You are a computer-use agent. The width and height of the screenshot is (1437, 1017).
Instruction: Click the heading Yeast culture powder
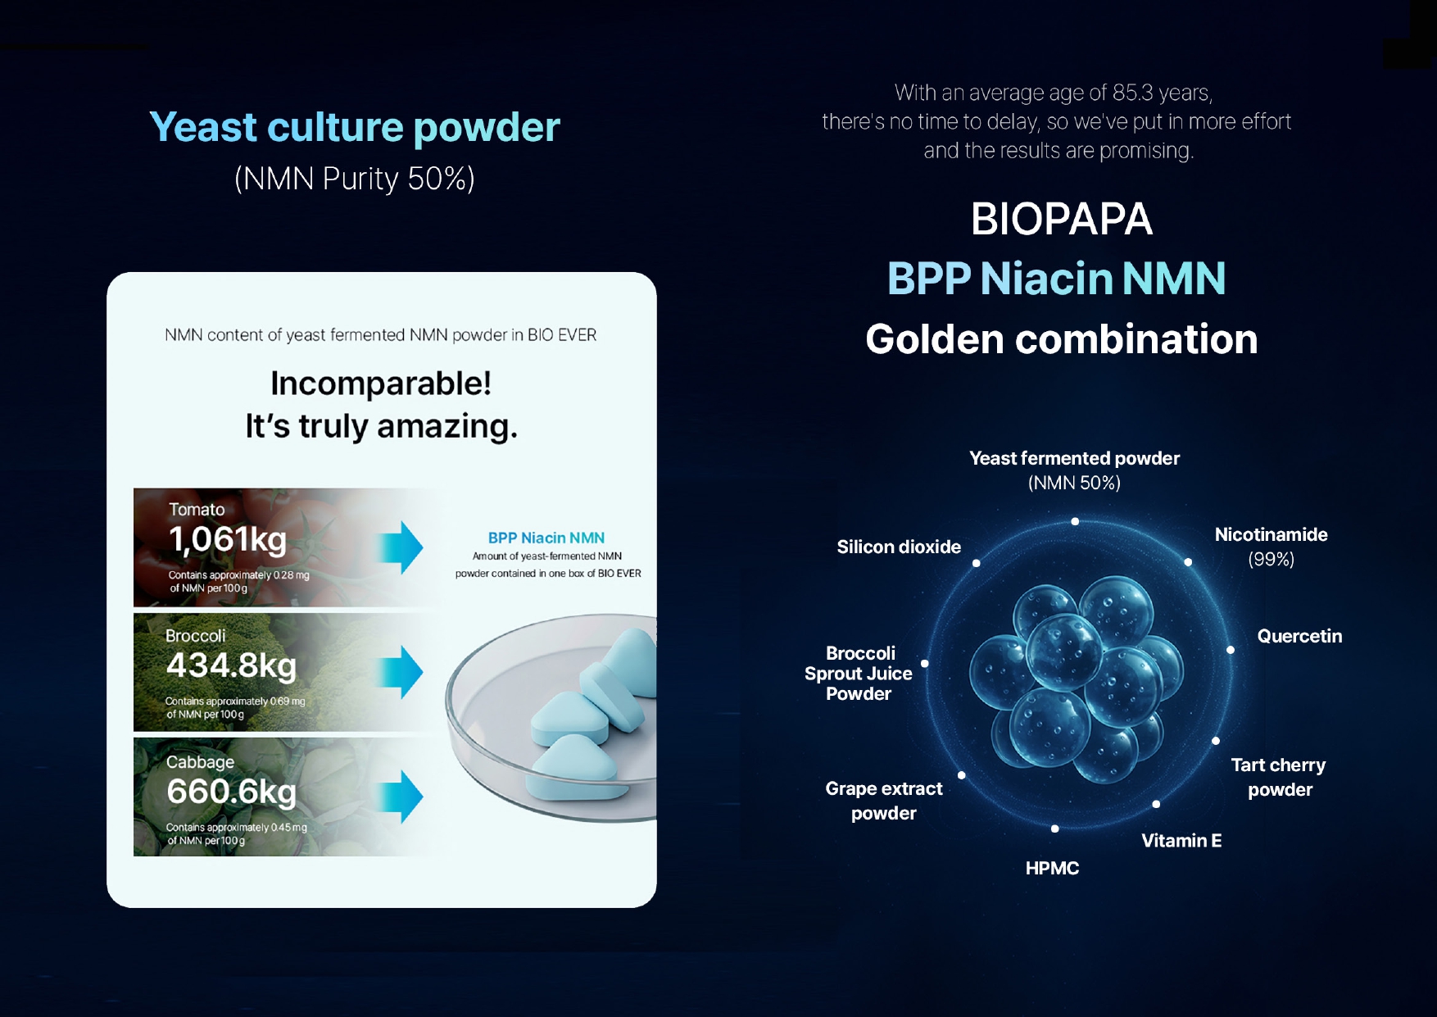point(355,128)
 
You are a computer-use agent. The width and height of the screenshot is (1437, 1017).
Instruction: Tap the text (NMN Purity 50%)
point(355,179)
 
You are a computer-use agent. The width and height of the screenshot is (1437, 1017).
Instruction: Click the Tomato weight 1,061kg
point(228,539)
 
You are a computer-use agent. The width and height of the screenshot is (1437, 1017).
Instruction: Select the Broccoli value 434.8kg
point(231,665)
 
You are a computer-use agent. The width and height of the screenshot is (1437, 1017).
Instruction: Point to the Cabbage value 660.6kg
point(232,792)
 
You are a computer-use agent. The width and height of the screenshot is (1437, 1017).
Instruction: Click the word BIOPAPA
point(1062,220)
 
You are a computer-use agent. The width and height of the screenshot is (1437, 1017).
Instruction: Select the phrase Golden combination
point(1062,339)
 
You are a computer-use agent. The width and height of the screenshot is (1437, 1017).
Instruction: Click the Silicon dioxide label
point(899,547)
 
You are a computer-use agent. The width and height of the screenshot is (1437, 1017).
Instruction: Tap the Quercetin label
point(1299,636)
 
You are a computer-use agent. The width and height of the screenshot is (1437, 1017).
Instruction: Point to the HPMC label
point(1052,868)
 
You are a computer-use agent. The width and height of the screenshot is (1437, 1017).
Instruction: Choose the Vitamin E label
point(1181,840)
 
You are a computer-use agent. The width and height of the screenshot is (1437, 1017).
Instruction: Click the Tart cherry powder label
point(1279,777)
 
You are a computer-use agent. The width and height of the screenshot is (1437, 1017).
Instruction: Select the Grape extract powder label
point(884,801)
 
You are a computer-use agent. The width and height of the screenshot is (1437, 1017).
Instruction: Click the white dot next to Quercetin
point(1231,650)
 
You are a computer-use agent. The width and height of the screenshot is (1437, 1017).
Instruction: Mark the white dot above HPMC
point(1055,829)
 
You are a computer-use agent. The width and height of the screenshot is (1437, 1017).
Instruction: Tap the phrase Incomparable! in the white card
point(381,384)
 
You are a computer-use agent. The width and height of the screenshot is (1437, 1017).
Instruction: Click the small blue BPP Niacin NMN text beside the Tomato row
point(546,538)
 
